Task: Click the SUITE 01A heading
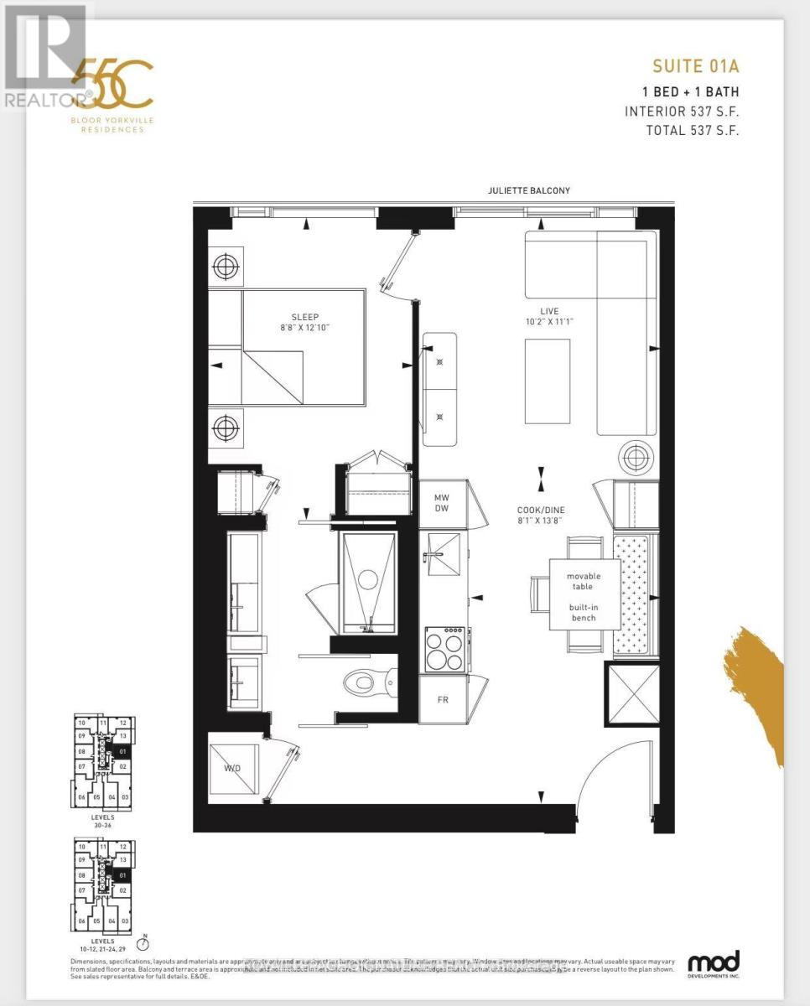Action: (x=695, y=65)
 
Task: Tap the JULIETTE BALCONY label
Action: (x=528, y=190)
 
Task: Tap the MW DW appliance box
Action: (x=441, y=503)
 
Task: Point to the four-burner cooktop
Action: (x=444, y=649)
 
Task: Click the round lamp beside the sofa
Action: (x=635, y=458)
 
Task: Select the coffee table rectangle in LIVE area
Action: (x=548, y=381)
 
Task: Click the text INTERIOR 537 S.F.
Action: (x=682, y=111)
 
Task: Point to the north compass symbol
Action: (x=144, y=942)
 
